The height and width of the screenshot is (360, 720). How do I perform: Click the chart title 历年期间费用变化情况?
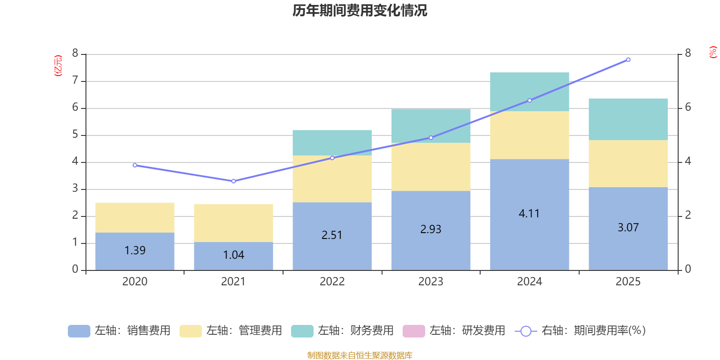pos(360,10)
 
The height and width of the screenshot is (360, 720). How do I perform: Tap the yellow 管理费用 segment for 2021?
pos(233,223)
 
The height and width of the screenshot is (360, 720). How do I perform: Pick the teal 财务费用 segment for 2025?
pos(628,119)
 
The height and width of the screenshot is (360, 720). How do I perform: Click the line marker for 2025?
pos(628,59)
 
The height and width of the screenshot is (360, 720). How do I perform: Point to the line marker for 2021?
pos(233,181)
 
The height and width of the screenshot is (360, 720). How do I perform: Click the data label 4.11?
pos(529,214)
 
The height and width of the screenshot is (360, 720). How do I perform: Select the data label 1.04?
pos(234,255)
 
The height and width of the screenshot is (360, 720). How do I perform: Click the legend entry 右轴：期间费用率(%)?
pos(580,331)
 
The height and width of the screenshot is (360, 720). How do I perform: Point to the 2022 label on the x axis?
pos(332,282)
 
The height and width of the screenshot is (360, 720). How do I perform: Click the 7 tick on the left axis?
pos(75,81)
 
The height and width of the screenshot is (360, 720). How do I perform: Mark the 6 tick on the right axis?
pos(688,108)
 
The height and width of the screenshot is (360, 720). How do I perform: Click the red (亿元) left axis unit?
pos(58,66)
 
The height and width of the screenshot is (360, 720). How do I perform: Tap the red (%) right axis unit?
pos(713,52)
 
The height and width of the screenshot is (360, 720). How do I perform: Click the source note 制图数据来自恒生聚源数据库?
pos(360,355)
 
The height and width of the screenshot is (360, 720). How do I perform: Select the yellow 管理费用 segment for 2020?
pos(135,217)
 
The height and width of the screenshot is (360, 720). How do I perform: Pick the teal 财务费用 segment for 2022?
pos(332,142)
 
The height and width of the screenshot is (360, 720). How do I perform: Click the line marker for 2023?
pos(431,138)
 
